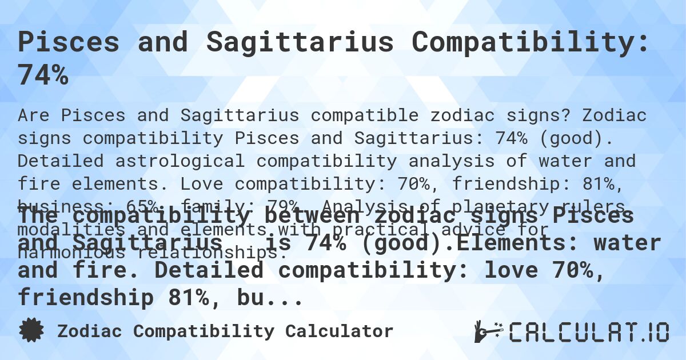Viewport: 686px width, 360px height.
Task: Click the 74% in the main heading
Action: [x=43, y=74]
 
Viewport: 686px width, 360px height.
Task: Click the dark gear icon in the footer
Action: [x=31, y=330]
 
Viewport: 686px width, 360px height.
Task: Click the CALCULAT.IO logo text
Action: [x=589, y=332]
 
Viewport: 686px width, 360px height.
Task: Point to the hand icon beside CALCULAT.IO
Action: [x=487, y=331]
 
